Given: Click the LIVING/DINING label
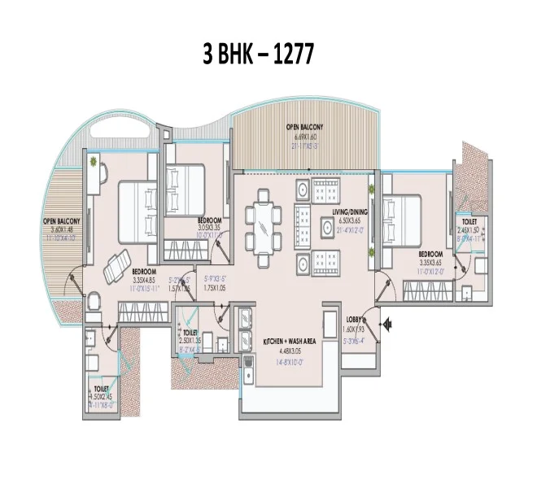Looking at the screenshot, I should [350, 211].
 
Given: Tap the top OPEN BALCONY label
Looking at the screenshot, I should [304, 129].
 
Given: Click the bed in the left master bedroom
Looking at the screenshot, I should [138, 209].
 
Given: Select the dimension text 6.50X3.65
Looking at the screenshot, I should [350, 220].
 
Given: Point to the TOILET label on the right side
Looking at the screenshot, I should [469, 221].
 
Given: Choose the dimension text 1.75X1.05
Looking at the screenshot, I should [213, 288].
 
